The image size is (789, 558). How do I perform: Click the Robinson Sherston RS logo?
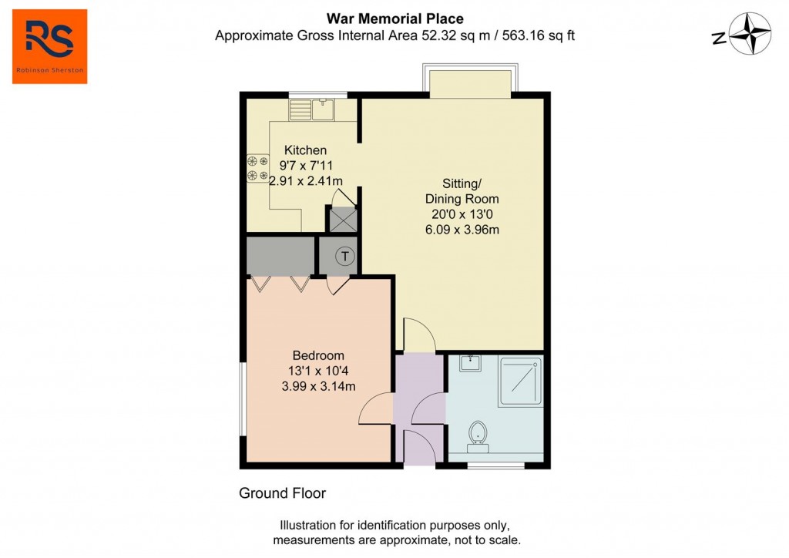(x=50, y=46)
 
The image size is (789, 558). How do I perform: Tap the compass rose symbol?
(x=750, y=34)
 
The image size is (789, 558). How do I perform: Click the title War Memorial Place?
(x=395, y=18)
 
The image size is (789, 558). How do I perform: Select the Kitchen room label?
(x=305, y=150)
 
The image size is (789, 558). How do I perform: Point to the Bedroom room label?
(x=318, y=355)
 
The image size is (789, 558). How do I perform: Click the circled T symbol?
(x=345, y=256)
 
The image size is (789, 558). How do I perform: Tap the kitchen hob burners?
(x=257, y=169)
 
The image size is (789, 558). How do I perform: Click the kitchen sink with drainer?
(x=312, y=109)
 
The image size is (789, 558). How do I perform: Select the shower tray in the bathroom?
(x=520, y=382)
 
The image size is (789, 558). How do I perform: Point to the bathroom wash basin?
(x=470, y=363)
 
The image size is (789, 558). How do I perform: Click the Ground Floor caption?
(x=282, y=493)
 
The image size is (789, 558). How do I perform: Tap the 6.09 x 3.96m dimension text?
(x=462, y=230)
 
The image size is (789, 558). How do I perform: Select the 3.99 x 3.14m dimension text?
(x=318, y=386)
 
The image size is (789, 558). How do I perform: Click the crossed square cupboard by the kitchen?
(x=343, y=220)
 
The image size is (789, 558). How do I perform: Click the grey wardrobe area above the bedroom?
(x=280, y=256)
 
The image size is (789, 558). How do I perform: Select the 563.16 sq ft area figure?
(x=539, y=35)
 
